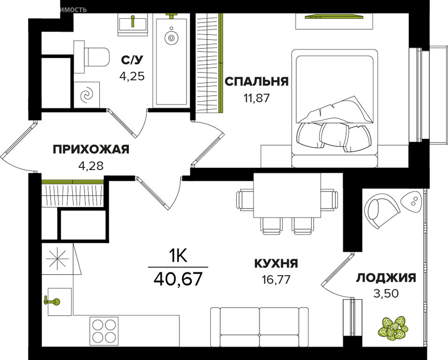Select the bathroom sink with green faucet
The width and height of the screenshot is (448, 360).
pos(133,24)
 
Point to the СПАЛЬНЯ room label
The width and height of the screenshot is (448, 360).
pos(256,82)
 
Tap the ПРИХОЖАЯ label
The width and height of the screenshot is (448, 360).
pos(90,150)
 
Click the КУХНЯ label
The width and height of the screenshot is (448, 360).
pos(276,263)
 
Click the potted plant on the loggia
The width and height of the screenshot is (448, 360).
pos(393,328)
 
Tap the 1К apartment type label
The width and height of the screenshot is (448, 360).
pos(178,256)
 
